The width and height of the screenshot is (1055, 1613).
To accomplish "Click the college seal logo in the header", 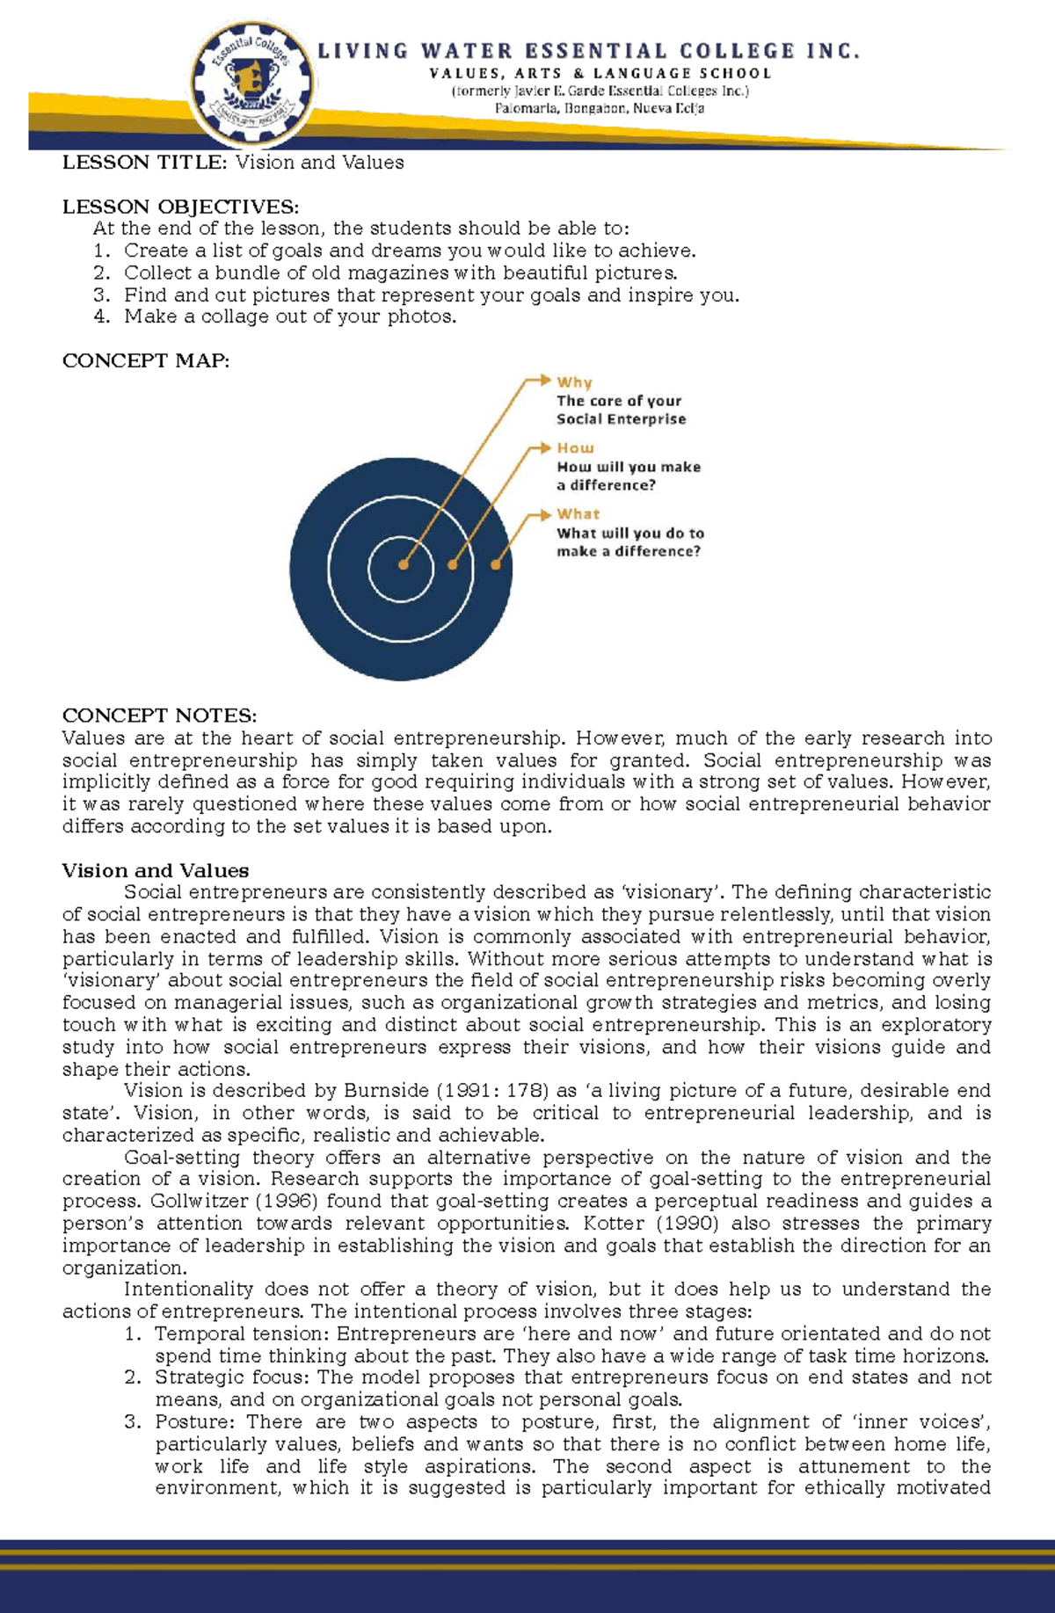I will tap(253, 85).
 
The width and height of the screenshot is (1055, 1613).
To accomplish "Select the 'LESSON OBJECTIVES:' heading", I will tap(180, 207).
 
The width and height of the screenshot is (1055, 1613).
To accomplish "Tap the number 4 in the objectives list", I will tap(102, 316).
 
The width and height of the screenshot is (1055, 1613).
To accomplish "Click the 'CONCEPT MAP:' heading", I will tap(146, 361).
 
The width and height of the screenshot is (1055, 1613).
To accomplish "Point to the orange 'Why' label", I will tap(574, 382).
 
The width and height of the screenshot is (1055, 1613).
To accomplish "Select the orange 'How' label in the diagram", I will tap(575, 448).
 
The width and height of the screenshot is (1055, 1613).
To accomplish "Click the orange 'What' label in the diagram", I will tap(578, 514).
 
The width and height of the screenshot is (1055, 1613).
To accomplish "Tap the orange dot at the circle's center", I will tap(403, 565).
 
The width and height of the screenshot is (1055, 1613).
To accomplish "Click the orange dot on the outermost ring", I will tap(495, 565).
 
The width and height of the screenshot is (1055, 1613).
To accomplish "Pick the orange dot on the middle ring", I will tap(452, 565).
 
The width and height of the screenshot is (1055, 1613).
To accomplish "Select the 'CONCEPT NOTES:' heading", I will tap(159, 716).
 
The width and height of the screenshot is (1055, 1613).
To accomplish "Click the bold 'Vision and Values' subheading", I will tap(155, 870).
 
